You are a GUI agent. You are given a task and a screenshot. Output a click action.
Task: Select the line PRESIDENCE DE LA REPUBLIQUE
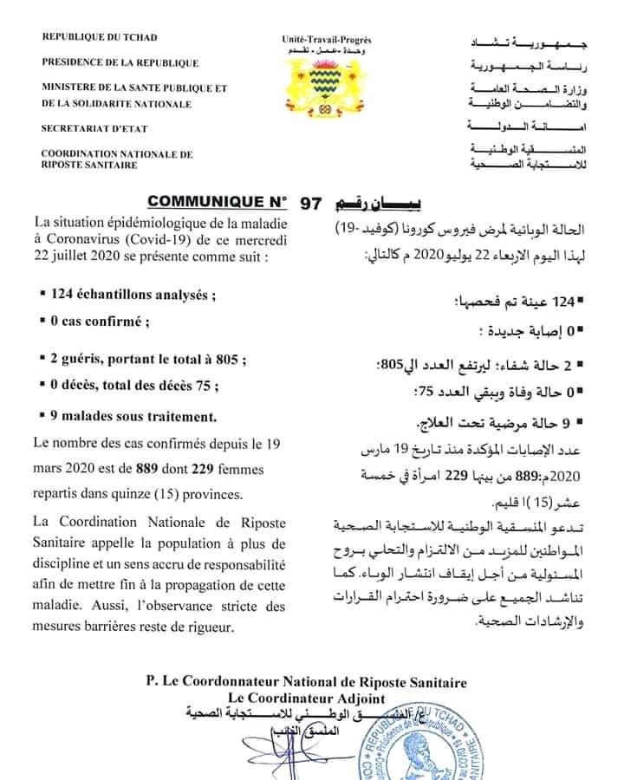(x=120, y=63)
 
